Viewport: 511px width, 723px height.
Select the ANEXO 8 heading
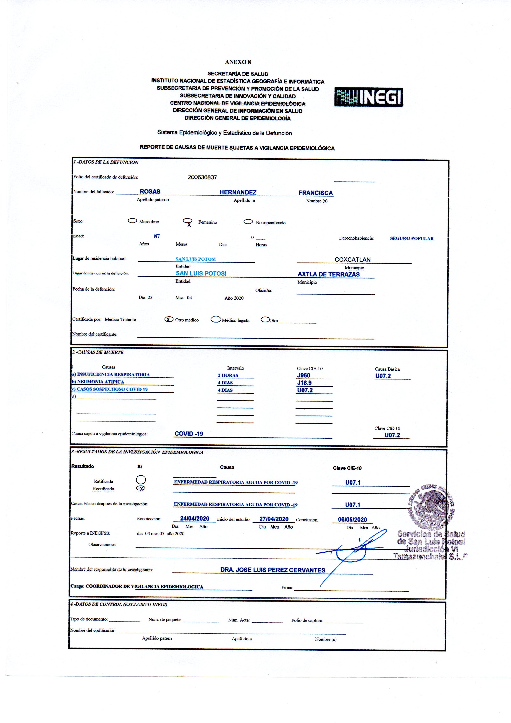(x=238, y=62)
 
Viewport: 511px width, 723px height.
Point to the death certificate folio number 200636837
(x=202, y=177)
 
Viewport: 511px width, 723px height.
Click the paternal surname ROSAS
(x=150, y=192)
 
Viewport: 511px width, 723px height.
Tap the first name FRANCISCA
(x=316, y=193)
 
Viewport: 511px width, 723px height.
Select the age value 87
(x=157, y=236)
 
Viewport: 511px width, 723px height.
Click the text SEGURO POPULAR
(x=412, y=238)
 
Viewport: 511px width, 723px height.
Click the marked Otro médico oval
(x=169, y=319)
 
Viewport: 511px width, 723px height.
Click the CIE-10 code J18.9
(x=304, y=383)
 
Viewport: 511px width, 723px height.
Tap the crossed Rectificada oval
(x=141, y=488)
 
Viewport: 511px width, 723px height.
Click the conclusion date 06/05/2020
(x=352, y=519)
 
